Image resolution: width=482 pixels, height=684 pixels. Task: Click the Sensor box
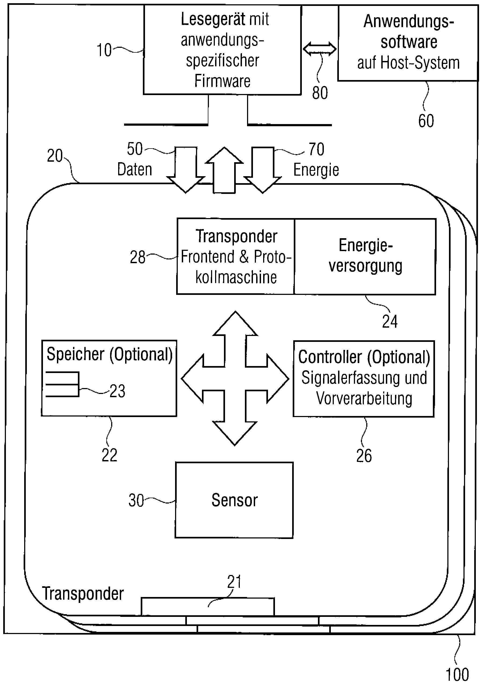(234, 500)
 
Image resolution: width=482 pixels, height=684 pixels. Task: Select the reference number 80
(320, 93)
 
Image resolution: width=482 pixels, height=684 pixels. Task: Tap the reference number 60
(426, 121)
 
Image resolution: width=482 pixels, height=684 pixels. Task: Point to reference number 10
(104, 50)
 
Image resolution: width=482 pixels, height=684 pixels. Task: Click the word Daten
(135, 169)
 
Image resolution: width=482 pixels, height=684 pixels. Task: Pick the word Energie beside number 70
(316, 170)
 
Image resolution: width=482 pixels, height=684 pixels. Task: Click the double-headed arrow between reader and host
(320, 49)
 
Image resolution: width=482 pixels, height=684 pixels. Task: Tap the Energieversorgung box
(365, 256)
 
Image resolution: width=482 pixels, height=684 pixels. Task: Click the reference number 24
(390, 321)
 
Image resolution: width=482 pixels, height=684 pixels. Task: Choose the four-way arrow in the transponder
(235, 379)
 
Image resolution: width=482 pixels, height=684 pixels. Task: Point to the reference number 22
(109, 455)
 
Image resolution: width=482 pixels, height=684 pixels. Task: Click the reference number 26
(364, 455)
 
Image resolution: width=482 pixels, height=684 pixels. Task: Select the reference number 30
(136, 500)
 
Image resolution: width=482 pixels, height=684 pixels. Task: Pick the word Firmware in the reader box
(222, 81)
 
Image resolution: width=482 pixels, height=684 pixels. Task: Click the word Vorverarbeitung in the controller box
(364, 398)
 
